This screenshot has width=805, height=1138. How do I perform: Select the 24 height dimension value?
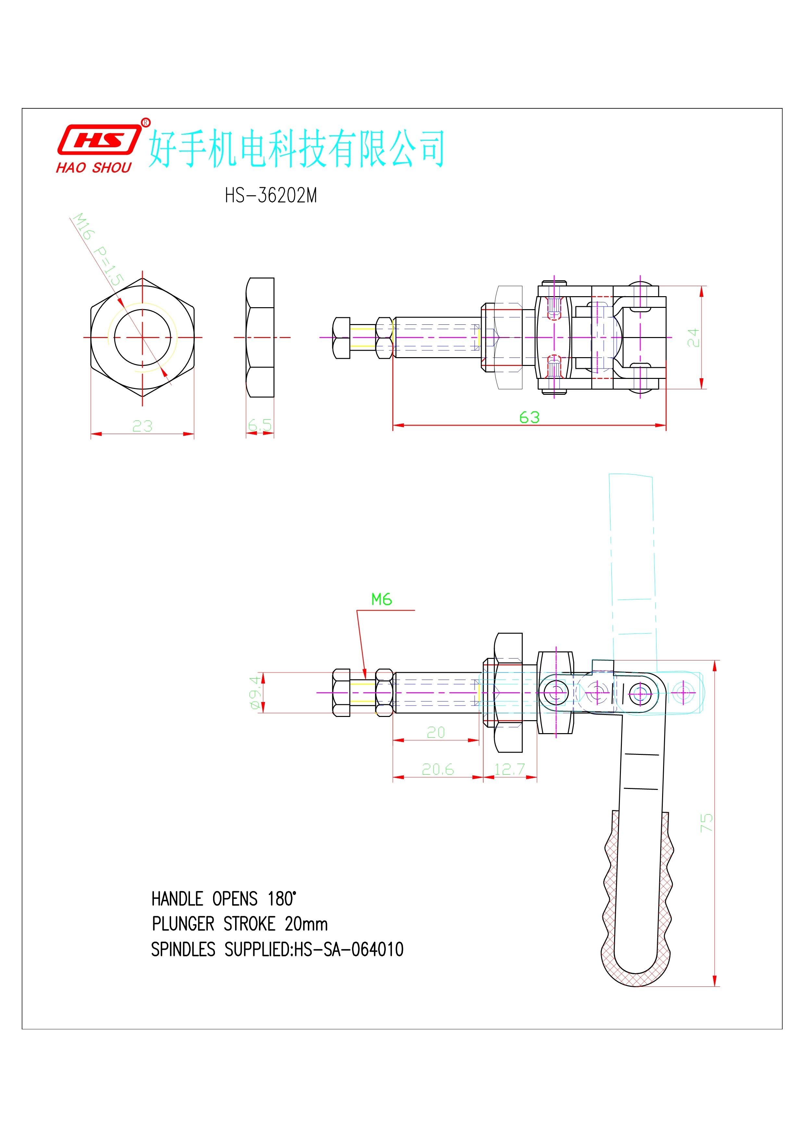(693, 337)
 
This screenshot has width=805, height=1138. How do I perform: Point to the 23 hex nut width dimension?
(142, 426)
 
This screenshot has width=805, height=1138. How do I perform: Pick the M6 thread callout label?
(382, 600)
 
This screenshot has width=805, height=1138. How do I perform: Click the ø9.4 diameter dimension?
(255, 692)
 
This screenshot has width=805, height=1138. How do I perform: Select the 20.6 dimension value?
(437, 769)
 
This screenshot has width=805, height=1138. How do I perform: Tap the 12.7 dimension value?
(509, 769)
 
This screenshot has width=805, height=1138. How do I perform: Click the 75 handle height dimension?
(706, 823)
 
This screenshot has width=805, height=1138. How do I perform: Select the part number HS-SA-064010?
(349, 950)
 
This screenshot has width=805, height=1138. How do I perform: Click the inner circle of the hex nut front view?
(142, 337)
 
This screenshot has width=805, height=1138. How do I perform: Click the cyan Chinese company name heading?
(296, 148)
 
